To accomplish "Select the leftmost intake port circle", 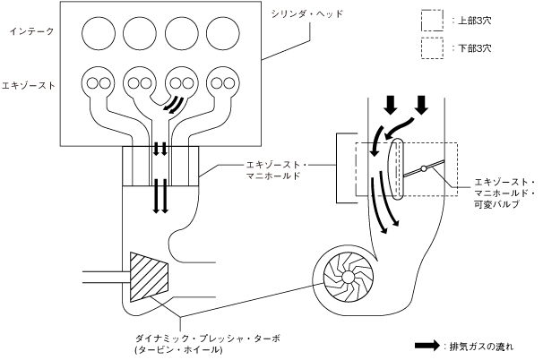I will tap(99, 33).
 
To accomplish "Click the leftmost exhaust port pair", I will tap(99, 83).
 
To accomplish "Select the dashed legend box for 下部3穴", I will tap(433, 47).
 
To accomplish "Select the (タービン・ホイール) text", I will tap(175, 349).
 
